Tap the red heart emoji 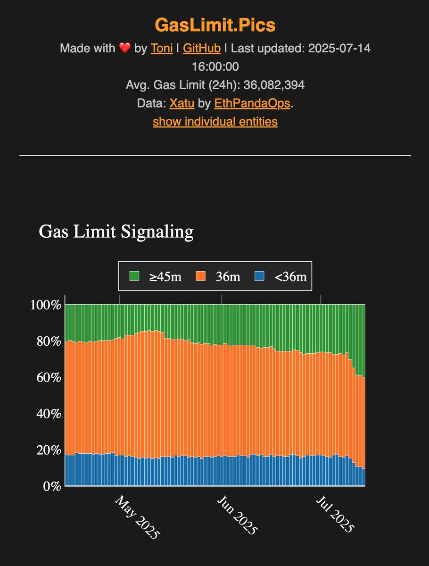123,48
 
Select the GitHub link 201,48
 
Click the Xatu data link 182,103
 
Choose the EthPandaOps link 252,103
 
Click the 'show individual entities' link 215,121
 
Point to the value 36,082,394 274,85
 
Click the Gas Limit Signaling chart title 116,232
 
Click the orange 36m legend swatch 201,276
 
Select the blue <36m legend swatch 259,276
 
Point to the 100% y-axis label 46,305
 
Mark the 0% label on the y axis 52,486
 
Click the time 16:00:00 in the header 215,67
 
